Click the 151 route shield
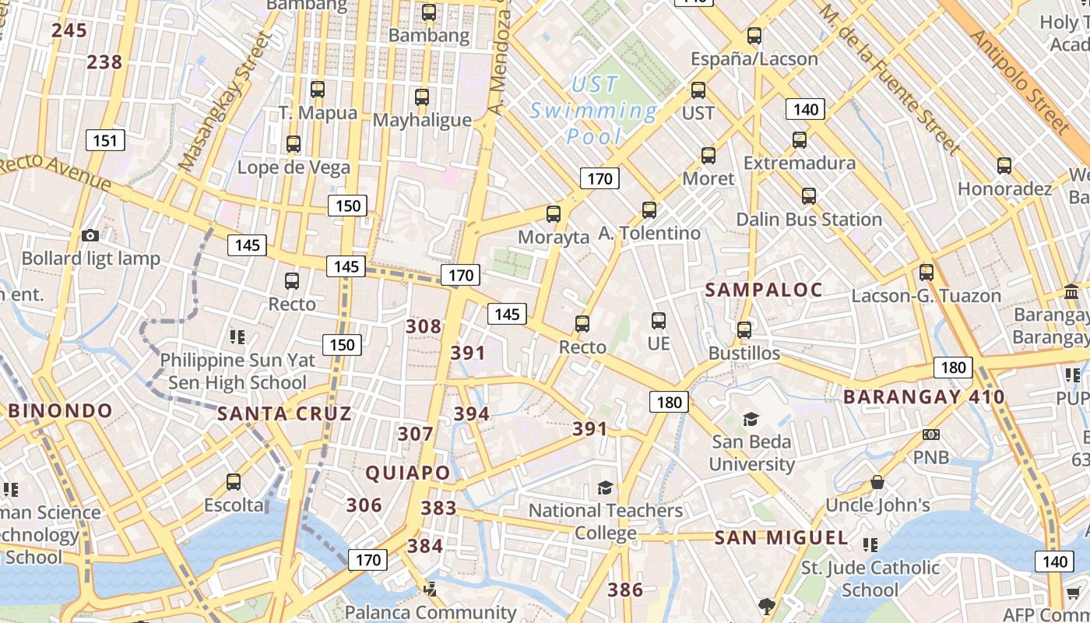pos(104,141)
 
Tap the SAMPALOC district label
pos(763,290)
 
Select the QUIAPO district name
pos(408,473)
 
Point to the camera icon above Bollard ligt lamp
pos(90,235)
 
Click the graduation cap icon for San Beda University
pos(751,420)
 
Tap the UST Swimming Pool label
pos(595,111)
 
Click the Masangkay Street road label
pos(222,101)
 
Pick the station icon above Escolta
pos(234,482)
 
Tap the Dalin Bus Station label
pos(809,220)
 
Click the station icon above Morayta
pos(554,214)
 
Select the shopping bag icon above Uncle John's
pos(877,482)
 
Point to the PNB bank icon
pos(930,435)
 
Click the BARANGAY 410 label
pos(924,397)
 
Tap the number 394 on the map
pos(471,414)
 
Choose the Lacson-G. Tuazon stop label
pos(926,296)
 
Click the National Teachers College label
pos(606,522)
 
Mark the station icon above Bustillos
pos(744,330)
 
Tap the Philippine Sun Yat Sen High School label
pos(237,371)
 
